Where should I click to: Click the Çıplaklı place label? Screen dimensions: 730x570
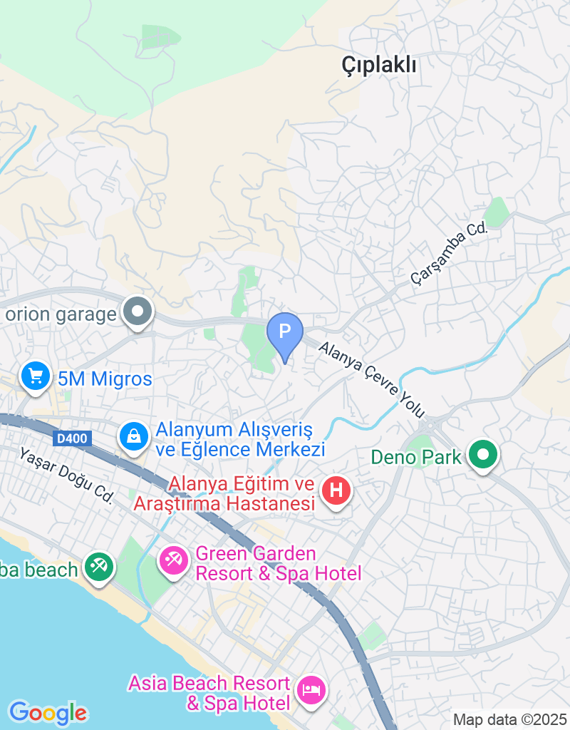[x=378, y=66]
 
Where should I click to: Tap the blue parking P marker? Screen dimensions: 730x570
[x=285, y=332]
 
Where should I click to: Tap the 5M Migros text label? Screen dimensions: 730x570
[x=105, y=379]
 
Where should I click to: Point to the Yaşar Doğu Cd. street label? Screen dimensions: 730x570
[x=66, y=475]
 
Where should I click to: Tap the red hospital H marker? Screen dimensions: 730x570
[x=337, y=490]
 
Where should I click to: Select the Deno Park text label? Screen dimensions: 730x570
[x=417, y=456]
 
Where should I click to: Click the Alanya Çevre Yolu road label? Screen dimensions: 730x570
[x=371, y=380]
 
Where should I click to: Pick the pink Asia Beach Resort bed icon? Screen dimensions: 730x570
[x=311, y=689]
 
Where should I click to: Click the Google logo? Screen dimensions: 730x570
[x=48, y=712]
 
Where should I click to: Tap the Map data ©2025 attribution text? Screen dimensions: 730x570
[x=509, y=720]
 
